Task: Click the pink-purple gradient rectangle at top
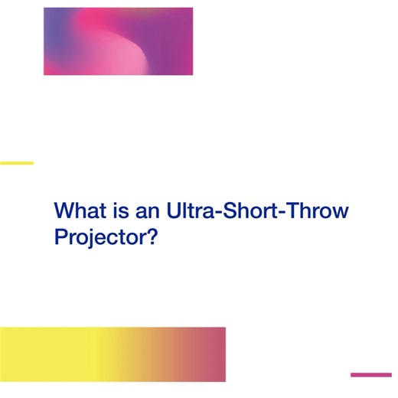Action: [118, 41]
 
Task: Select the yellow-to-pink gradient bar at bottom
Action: [113, 354]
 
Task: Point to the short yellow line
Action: [16, 163]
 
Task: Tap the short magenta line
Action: [370, 375]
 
